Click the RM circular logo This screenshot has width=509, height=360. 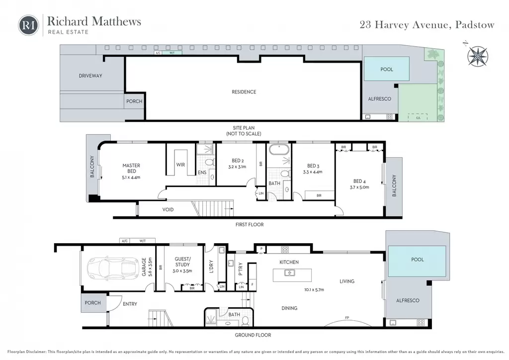point(28,25)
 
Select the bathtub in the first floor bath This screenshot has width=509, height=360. point(279,150)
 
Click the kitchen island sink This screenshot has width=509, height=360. point(290,272)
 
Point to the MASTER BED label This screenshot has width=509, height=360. point(131,168)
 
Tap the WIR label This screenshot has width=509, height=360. point(180,165)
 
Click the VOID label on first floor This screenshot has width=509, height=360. point(168,209)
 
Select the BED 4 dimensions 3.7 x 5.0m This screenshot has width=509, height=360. point(359,187)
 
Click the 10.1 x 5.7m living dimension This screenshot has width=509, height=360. point(314,289)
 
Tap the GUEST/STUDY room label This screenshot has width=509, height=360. point(182,262)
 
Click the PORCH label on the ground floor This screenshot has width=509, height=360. point(93,302)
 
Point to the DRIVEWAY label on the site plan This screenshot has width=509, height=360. point(90,76)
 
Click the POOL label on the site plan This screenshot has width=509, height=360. point(387,69)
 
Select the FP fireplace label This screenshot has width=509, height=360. point(347,317)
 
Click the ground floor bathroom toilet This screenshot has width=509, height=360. point(246,321)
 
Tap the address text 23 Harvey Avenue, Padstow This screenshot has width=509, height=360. point(427,25)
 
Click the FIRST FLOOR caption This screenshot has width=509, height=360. point(250,224)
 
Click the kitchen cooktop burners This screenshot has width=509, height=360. point(285,250)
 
